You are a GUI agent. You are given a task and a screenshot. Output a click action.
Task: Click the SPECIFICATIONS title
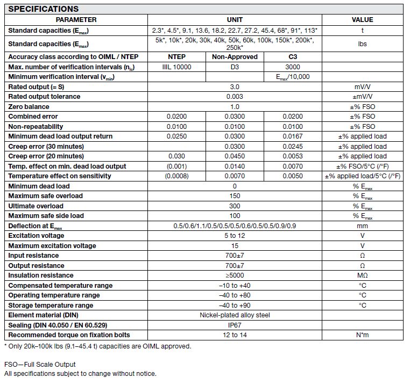(x=44, y=9)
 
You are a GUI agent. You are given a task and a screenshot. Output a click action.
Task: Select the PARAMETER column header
(x=76, y=20)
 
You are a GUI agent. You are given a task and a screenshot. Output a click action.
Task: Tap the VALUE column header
(x=362, y=20)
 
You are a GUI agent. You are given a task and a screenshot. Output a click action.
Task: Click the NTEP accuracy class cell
(x=177, y=57)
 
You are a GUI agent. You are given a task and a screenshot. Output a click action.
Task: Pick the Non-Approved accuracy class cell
(x=235, y=57)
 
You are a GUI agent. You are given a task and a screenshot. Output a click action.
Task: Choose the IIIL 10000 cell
(x=177, y=67)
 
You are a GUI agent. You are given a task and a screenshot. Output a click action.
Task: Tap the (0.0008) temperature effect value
(x=177, y=176)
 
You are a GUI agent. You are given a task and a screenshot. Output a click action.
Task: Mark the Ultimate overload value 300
(x=235, y=206)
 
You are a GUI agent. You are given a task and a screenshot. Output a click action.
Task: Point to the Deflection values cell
(x=235, y=226)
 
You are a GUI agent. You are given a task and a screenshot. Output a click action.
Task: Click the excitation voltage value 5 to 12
(x=235, y=236)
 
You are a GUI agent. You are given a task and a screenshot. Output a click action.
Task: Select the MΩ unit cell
(x=362, y=275)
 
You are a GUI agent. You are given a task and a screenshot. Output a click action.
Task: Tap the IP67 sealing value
(x=235, y=325)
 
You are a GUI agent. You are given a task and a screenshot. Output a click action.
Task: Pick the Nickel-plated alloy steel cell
(x=235, y=315)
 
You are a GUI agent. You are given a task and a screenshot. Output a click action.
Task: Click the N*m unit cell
(x=362, y=335)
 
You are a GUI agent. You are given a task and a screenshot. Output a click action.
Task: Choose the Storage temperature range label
(x=51, y=306)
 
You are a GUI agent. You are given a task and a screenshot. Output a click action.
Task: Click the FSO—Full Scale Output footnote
(x=40, y=365)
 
